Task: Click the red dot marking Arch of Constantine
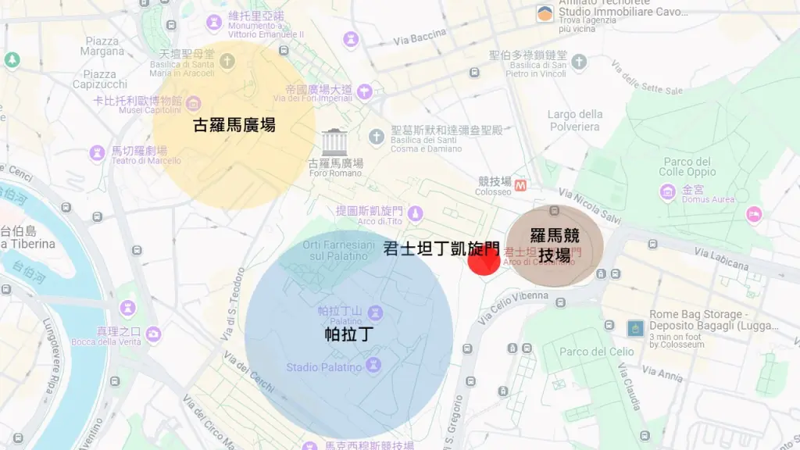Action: [484, 259]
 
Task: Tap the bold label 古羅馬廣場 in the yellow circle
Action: [234, 125]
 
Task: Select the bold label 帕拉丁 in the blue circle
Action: [349, 334]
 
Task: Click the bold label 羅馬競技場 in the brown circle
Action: [555, 245]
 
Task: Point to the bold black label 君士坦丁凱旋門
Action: [441, 249]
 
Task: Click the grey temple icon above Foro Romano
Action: [334, 141]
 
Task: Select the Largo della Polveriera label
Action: [574, 120]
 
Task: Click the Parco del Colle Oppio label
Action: [687, 166]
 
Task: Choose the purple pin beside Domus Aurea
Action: [668, 191]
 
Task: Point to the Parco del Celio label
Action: [597, 352]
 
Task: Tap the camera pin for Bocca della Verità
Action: [153, 334]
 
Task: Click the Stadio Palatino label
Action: [323, 367]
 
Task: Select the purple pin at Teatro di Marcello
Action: [98, 152]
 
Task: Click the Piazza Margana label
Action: [102, 46]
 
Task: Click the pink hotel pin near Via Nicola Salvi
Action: [754, 214]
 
